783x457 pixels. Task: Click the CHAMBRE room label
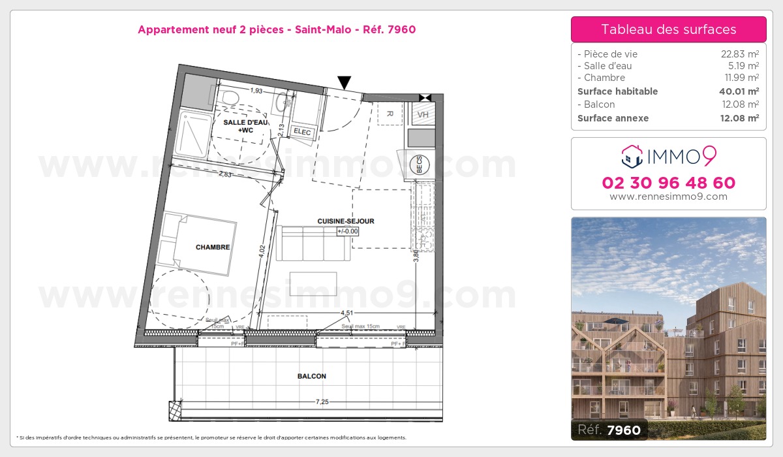click(x=213, y=247)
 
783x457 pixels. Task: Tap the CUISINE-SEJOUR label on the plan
click(x=346, y=221)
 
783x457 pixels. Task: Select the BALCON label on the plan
click(x=311, y=376)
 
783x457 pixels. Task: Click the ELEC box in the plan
click(x=303, y=133)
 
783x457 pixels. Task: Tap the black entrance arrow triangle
click(x=344, y=82)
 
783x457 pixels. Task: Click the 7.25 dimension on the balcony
click(x=322, y=402)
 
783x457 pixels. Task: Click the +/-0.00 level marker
click(x=348, y=230)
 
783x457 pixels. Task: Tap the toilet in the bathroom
click(x=228, y=98)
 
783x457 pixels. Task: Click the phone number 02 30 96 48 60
click(x=668, y=183)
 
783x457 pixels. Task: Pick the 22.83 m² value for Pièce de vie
click(x=739, y=54)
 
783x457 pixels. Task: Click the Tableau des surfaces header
click(x=668, y=29)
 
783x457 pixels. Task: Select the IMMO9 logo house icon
click(x=631, y=156)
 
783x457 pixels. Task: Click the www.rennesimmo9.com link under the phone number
click(x=668, y=197)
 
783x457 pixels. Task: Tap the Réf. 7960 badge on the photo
click(x=609, y=430)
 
